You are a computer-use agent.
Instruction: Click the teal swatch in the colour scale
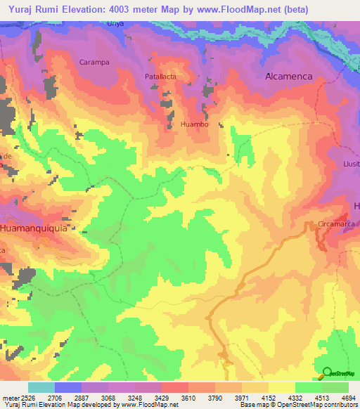pyautogui.click(x=41, y=387)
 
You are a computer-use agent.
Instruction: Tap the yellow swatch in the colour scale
pyautogui.click(x=281, y=387)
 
